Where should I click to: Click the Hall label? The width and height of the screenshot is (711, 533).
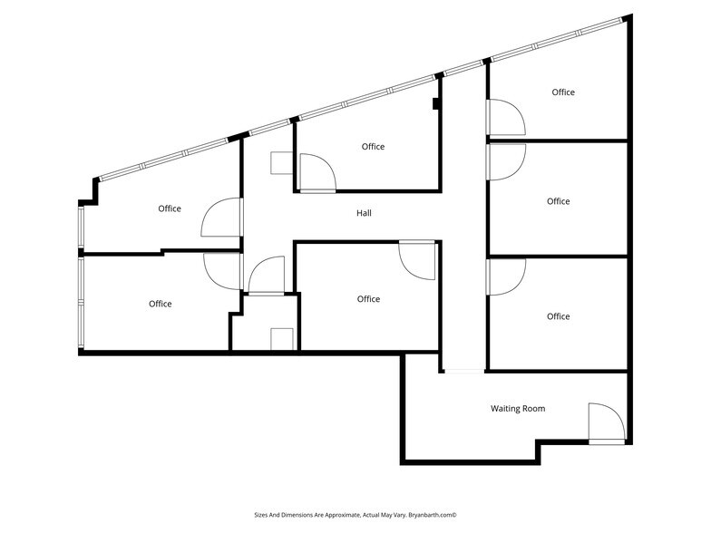coord(364,213)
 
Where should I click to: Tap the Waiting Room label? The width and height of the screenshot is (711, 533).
coord(518,409)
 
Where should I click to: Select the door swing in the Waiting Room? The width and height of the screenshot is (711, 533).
coord(605,422)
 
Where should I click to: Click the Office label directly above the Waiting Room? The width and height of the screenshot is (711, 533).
coord(559,316)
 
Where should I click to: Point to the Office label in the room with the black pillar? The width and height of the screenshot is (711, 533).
coord(373,147)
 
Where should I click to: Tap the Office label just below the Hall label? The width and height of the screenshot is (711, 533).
coord(368,299)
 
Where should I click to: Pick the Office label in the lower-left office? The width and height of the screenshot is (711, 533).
coord(161,304)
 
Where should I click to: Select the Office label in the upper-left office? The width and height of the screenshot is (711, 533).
coord(170,208)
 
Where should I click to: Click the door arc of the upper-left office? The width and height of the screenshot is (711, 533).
coord(221,221)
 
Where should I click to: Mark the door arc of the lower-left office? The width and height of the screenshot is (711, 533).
coord(222,269)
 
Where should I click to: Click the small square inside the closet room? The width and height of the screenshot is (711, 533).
coord(282,338)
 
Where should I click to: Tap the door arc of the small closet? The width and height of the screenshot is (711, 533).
coord(267,275)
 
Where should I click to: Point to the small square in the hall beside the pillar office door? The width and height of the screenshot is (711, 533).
coord(279,162)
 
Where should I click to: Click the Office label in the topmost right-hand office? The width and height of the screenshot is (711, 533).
coord(563,92)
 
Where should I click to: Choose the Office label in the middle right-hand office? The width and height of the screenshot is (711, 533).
coord(559,201)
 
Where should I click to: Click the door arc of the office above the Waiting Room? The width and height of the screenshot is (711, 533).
coord(505,277)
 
